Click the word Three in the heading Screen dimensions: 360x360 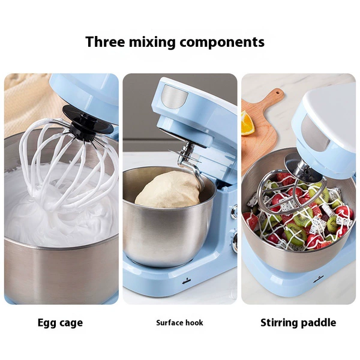106,42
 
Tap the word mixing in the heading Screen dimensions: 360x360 152,43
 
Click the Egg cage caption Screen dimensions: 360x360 60,323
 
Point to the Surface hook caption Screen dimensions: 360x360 179,323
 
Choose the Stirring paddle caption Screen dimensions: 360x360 298,323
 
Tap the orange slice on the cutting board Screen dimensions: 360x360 247,123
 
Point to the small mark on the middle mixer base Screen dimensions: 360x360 187,282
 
